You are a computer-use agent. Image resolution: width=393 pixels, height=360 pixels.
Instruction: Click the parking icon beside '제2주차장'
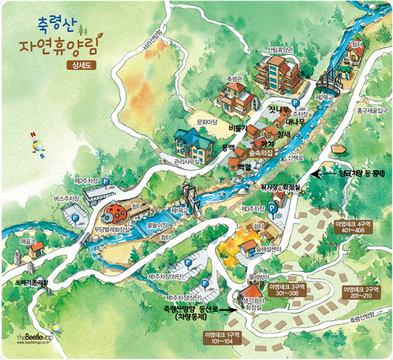coord(106,181)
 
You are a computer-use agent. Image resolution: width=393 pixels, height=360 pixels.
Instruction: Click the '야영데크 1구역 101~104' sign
coord(221,337)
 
